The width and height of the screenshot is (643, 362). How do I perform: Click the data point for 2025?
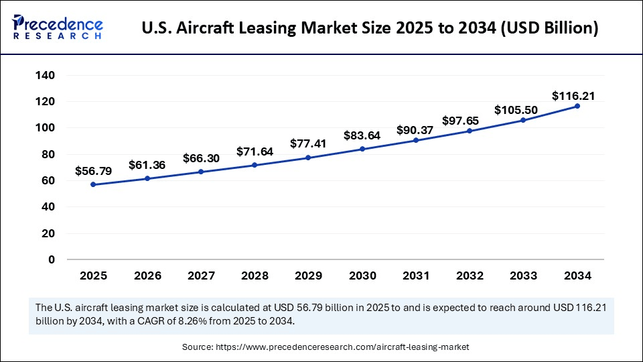(93, 184)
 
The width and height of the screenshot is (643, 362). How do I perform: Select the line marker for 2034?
(577, 106)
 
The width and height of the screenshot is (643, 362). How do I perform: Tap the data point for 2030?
(362, 149)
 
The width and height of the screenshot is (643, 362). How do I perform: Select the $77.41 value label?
(308, 143)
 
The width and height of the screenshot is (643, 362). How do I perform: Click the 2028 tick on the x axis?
(255, 276)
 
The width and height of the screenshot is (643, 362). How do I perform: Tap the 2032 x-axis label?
(470, 276)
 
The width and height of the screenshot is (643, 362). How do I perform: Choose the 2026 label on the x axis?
(147, 276)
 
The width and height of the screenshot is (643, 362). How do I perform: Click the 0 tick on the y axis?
(51, 259)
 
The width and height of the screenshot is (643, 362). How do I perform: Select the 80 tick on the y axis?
(47, 154)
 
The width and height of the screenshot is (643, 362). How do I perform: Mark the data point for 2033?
(524, 120)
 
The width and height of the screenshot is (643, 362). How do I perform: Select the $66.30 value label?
(201, 159)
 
